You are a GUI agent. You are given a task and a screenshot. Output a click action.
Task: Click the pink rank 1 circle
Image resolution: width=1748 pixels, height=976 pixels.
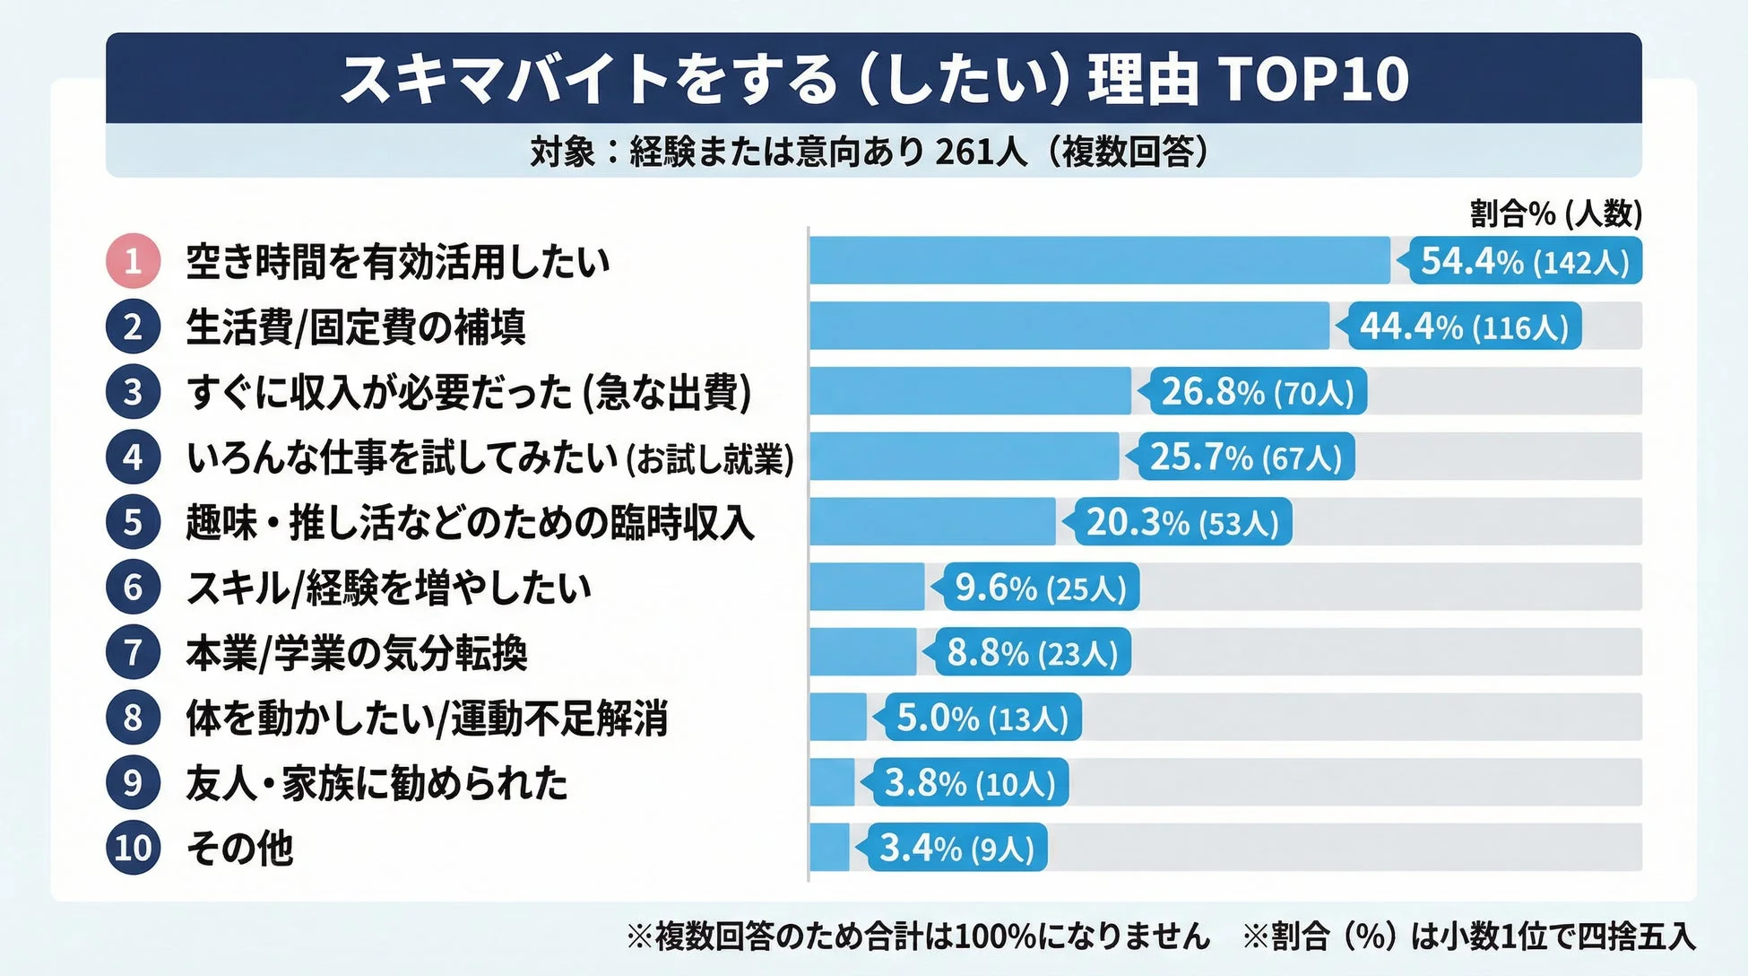coord(133,261)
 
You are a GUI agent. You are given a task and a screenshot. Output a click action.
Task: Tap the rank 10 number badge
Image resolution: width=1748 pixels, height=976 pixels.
coord(133,848)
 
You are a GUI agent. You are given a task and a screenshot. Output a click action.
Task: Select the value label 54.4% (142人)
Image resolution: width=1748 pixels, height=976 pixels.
coord(1525,261)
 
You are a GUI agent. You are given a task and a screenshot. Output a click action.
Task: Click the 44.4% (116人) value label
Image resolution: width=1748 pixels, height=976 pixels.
coord(1464,327)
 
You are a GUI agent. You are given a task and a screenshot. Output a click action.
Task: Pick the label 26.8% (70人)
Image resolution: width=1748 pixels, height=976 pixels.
coord(1257,392)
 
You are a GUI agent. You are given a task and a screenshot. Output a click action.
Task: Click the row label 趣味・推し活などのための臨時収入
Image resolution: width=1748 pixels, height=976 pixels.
coord(470,522)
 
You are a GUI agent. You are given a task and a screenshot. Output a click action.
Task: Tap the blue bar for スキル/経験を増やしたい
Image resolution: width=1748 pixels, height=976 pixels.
coord(866,588)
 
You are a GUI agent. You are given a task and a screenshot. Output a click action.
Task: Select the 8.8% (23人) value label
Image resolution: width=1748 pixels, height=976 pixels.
coord(1032,653)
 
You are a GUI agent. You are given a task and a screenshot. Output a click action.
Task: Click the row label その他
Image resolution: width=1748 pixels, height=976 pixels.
coord(239,848)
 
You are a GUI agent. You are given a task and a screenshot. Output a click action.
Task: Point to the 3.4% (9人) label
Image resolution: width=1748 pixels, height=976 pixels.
coord(956,848)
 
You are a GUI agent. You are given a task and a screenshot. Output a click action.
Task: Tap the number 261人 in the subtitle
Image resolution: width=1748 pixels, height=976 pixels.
coord(981,152)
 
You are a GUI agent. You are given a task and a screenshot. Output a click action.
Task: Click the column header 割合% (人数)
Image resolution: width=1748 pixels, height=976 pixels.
coord(1555,213)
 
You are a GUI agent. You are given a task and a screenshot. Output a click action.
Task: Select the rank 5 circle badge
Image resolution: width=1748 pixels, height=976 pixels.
coord(133,522)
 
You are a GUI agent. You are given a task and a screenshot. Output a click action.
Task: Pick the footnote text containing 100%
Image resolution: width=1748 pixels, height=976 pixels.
coord(919,937)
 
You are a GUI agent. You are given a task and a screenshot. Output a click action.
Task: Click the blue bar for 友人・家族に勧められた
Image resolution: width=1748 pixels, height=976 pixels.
coord(832,783)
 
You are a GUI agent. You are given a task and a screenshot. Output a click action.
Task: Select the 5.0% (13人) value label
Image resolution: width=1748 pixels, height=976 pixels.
coord(982,718)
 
